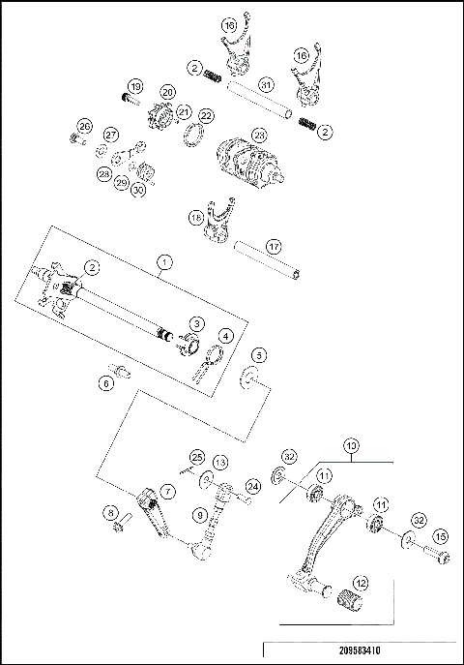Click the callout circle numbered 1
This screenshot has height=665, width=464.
pos(165,261)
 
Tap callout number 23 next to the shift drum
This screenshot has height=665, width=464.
pos(259,135)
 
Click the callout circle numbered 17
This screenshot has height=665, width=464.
pos(274,247)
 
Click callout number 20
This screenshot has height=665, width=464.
pos(167,92)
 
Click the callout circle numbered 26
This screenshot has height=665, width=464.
pos(84,127)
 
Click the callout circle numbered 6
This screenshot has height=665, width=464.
pos(106,383)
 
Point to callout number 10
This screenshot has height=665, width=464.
pos(351,446)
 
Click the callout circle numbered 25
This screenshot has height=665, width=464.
pos(196,456)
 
